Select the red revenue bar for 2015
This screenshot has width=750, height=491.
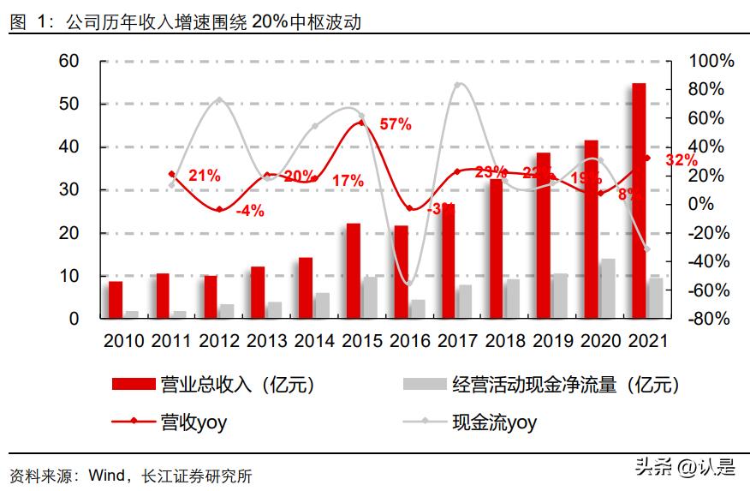[x=354, y=271]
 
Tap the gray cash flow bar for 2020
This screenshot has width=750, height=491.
[x=607, y=288]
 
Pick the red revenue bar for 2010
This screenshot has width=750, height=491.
[x=116, y=299]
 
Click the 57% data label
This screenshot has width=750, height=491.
[x=396, y=124]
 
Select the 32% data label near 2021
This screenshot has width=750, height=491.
[x=681, y=159]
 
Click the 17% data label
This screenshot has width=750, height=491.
[x=348, y=181]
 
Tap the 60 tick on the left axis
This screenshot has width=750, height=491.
[x=68, y=61]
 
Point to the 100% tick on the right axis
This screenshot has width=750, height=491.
[x=711, y=61]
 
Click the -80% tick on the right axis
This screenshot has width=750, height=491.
[x=711, y=319]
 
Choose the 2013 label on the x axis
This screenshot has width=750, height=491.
[x=270, y=340]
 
